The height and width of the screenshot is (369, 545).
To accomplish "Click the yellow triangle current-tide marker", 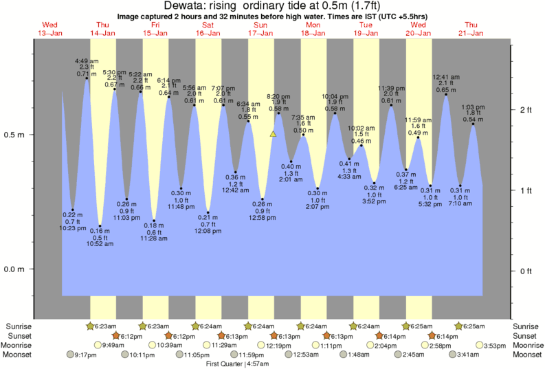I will [274, 135].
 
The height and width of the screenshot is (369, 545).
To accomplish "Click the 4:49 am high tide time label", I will [86, 60].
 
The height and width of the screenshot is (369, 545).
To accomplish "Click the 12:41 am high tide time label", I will [445, 77].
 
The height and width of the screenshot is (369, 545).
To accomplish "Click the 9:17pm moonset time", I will [80, 355].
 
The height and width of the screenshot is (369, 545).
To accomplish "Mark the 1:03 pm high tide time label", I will [473, 107].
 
